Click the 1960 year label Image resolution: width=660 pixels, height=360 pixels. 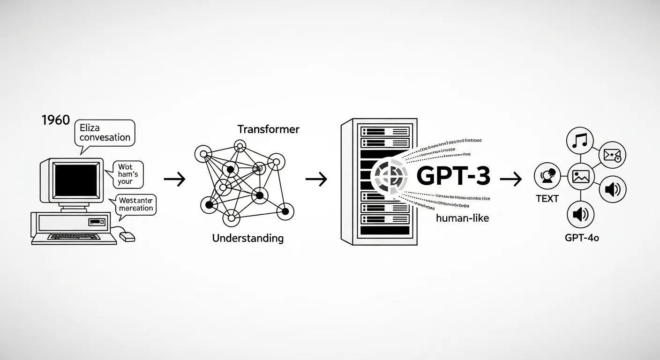pyautogui.click(x=56, y=120)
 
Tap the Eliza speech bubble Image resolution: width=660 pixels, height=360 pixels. pyautogui.click(x=105, y=132)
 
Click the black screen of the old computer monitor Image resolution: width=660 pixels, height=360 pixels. pyautogui.click(x=75, y=180)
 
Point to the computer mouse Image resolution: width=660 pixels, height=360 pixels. pyautogui.click(x=127, y=237)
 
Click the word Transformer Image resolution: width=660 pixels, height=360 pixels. pyautogui.click(x=268, y=129)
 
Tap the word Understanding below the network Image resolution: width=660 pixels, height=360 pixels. pyautogui.click(x=247, y=238)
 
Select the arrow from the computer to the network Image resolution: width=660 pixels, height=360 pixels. pyautogui.click(x=174, y=179)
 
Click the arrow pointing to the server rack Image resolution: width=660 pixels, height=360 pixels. pyautogui.click(x=316, y=179)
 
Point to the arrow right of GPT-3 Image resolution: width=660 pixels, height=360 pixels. pyautogui.click(x=511, y=179)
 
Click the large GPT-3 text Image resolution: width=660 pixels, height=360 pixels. pyautogui.click(x=453, y=176)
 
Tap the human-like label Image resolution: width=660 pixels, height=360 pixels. pyautogui.click(x=462, y=217)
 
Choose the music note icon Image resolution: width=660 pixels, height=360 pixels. pyautogui.click(x=580, y=140)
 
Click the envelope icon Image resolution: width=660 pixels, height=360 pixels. pyautogui.click(x=612, y=154)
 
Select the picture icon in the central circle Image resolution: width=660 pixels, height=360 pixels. pyautogui.click(x=581, y=177)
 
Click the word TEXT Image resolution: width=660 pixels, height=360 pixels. pyautogui.click(x=547, y=199)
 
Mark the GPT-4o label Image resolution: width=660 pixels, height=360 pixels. pyautogui.click(x=582, y=238)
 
